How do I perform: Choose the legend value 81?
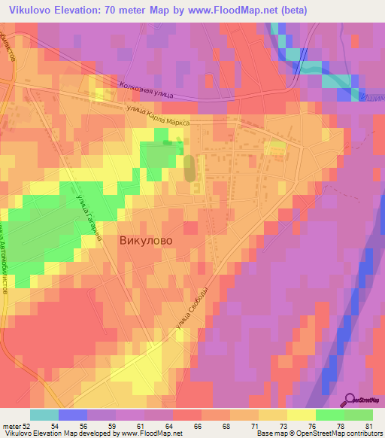click(368, 426)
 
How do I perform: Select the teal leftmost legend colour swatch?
click(44, 415)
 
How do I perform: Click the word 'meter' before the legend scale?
click(10, 426)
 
